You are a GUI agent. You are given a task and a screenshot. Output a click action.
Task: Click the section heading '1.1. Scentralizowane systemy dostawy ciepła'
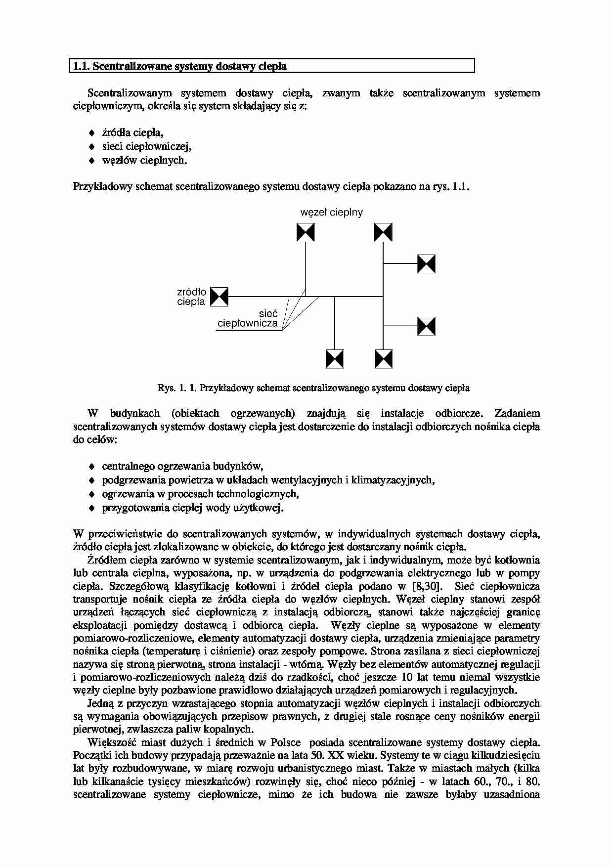[180, 66]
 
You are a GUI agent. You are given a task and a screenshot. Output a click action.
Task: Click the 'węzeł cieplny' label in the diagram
[331, 213]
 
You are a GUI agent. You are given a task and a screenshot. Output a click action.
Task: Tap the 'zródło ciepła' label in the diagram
[191, 297]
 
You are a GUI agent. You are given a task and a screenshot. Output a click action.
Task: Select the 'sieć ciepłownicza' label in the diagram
[248, 319]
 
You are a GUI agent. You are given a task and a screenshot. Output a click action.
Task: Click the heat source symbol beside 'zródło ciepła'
[219, 297]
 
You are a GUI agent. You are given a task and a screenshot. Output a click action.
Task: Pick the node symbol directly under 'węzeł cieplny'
[306, 232]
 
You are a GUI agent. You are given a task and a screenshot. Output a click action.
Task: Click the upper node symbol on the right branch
[426, 264]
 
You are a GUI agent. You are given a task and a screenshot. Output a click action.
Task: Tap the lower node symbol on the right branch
[426, 327]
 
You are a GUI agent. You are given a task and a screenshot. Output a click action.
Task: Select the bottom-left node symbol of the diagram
[335, 359]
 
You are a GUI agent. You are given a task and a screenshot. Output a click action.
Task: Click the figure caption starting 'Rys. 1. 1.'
[313, 388]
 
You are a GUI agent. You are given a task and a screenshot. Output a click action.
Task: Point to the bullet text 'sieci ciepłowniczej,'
[146, 146]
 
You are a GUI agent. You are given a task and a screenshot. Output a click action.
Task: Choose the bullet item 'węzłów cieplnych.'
[144, 160]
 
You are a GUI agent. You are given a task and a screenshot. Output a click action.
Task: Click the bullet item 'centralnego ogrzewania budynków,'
[182, 466]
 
